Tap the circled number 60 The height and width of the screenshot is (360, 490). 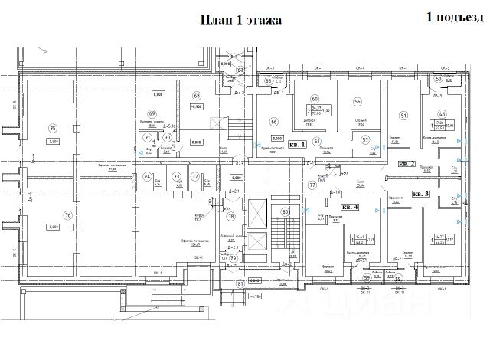pyautogui.click(x=314, y=99)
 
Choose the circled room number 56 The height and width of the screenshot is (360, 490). pyautogui.click(x=357, y=101)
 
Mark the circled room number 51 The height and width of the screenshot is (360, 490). pyautogui.click(x=403, y=116)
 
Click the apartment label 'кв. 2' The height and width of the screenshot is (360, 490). pyautogui.click(x=407, y=164)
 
